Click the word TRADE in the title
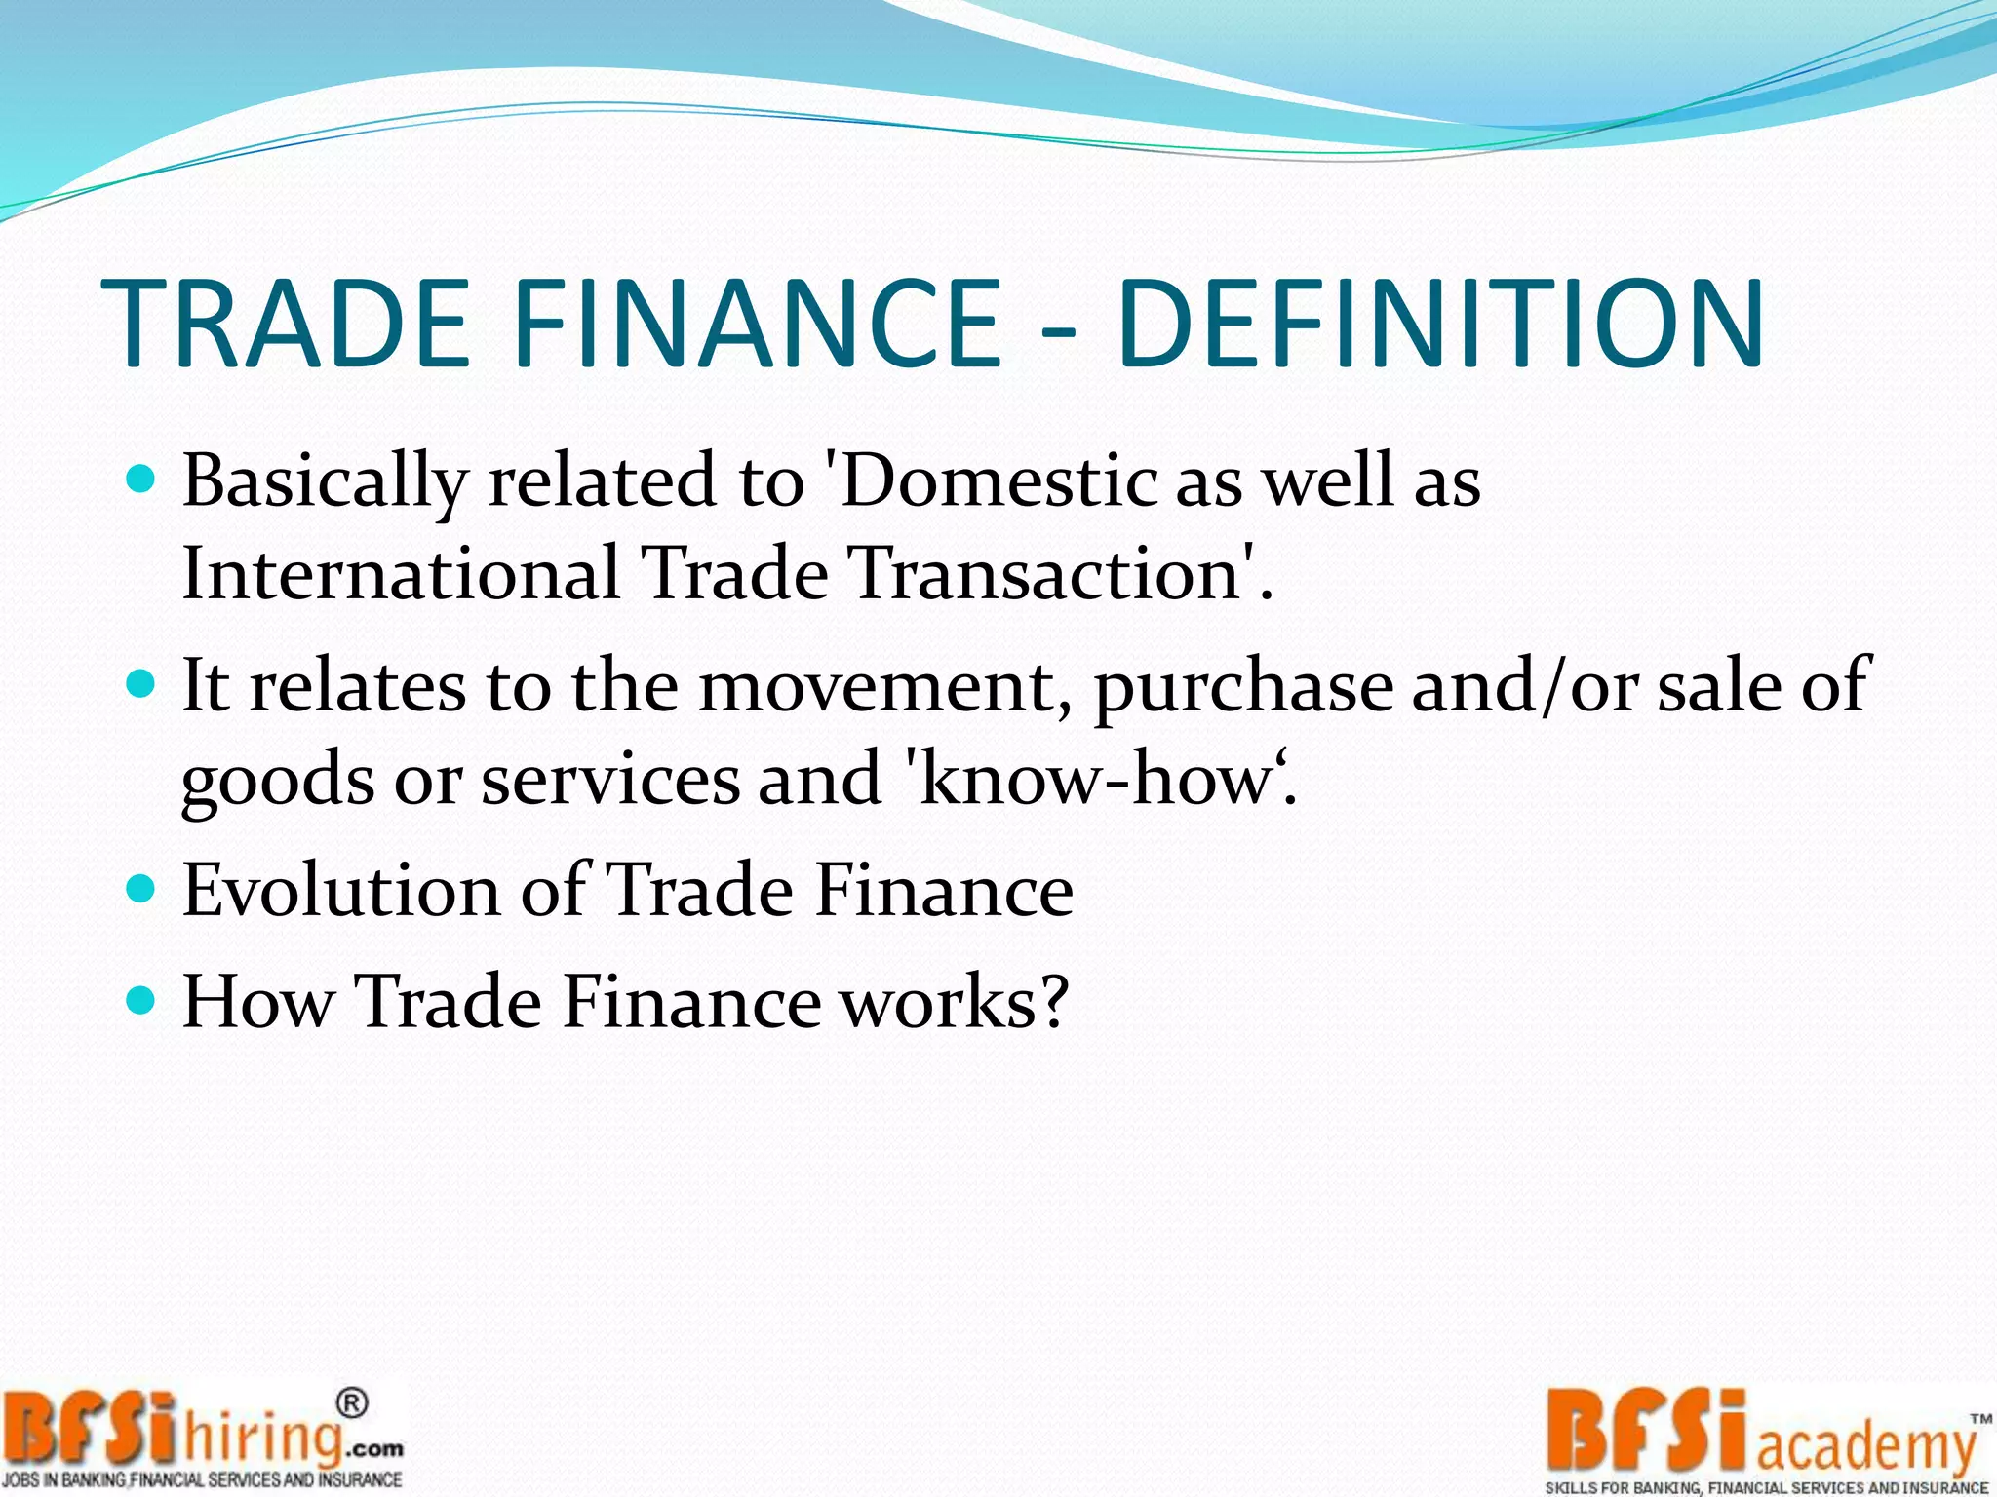(285, 324)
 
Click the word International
(400, 573)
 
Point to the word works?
(955, 1002)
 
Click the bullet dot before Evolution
(142, 889)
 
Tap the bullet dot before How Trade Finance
(142, 1000)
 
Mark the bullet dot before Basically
(142, 480)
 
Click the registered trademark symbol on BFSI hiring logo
(352, 1403)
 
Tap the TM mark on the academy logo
(1980, 1419)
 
